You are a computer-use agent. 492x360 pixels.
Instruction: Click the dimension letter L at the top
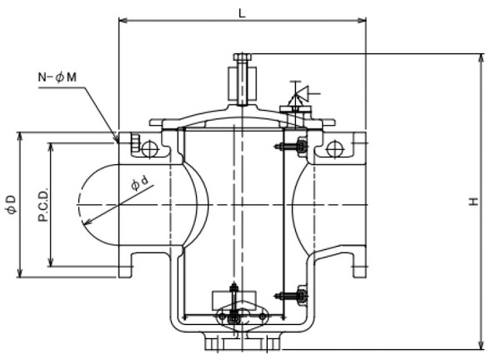point(243,12)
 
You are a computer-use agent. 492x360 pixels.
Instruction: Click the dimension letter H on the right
point(473,201)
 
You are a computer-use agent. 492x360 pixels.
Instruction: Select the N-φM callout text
point(58,77)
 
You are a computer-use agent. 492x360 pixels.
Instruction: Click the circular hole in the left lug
point(149,149)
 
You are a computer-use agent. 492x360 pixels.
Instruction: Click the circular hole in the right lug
point(334,149)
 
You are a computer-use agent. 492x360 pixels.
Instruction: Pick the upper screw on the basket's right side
point(291,147)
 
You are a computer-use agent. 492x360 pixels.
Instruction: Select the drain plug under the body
point(240,342)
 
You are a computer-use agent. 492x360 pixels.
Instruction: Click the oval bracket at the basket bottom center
point(240,317)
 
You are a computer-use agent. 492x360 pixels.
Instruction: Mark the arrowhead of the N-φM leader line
point(117,138)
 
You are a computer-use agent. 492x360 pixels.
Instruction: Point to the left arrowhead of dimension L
point(122,18)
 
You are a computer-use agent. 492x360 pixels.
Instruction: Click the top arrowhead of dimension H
point(481,57)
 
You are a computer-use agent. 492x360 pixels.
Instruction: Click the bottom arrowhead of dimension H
point(481,346)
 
